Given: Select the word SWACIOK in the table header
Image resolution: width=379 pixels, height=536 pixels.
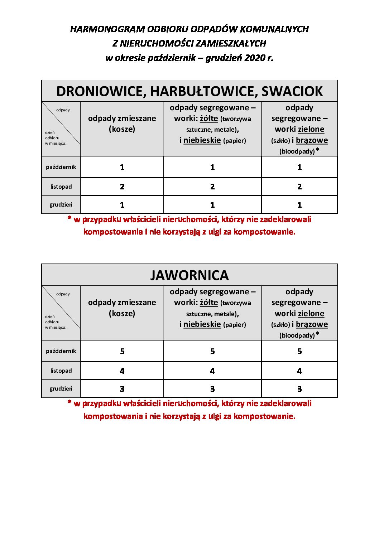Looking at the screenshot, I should [292, 91].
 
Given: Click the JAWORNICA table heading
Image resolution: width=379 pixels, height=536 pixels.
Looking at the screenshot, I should [189, 275].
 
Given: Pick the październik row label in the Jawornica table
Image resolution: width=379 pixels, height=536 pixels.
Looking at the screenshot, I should [61, 351].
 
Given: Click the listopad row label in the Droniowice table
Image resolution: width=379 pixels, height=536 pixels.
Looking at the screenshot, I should [61, 187].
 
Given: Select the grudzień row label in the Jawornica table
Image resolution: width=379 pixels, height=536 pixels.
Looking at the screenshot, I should [61, 388].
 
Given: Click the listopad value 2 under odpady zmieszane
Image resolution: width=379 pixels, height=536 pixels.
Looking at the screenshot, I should [122, 187].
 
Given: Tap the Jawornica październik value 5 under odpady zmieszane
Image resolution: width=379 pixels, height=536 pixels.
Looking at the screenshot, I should [122, 351].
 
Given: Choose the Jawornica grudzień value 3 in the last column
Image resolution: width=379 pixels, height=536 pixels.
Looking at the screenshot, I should [299, 389].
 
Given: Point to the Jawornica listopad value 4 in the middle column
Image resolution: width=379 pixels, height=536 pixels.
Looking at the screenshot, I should [212, 371].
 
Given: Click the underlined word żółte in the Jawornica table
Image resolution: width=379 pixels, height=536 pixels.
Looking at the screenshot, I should [209, 303].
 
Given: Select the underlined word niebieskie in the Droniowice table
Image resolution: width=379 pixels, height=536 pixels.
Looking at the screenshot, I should [202, 140].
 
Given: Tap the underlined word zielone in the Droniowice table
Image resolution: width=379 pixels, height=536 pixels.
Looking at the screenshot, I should [311, 129].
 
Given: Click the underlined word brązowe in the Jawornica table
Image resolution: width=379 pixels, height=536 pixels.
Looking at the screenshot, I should [312, 324].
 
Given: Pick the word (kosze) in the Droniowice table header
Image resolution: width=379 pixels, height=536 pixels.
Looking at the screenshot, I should [122, 129].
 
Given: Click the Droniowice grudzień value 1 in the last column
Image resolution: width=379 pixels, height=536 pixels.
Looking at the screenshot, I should [299, 205].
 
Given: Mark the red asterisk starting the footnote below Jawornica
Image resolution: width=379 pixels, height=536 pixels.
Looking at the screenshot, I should [69, 402].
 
